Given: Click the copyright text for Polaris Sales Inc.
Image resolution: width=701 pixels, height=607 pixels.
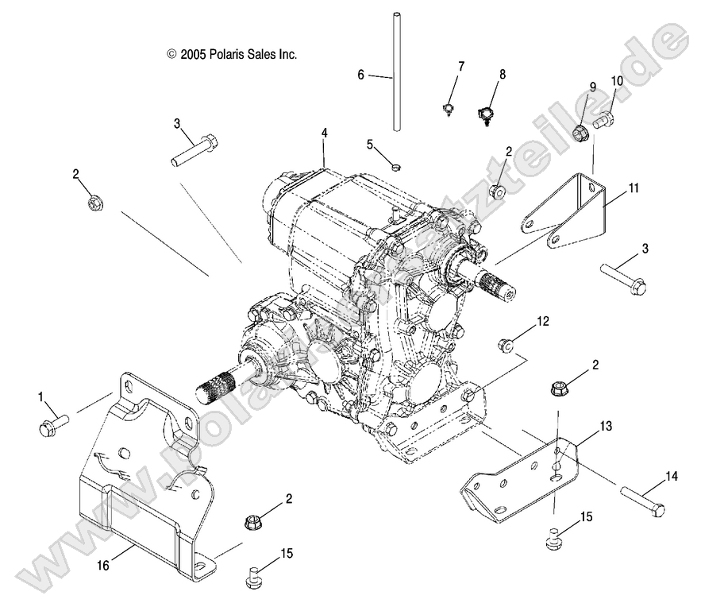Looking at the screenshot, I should tap(232, 54).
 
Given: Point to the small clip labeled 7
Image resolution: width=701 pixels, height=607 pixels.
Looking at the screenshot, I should tap(449, 108).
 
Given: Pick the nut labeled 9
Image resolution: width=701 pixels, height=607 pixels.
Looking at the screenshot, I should tap(581, 131).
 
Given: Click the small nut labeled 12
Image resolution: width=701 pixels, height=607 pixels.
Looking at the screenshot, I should tap(503, 345).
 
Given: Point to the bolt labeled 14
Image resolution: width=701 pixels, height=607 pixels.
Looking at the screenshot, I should tap(642, 503).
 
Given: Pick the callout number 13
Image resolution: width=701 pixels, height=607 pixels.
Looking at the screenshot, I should tap(605, 427).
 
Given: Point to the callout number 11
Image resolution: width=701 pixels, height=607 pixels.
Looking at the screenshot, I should tap(632, 188).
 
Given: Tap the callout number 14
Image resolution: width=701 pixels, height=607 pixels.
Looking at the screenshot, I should tap(672, 477).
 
